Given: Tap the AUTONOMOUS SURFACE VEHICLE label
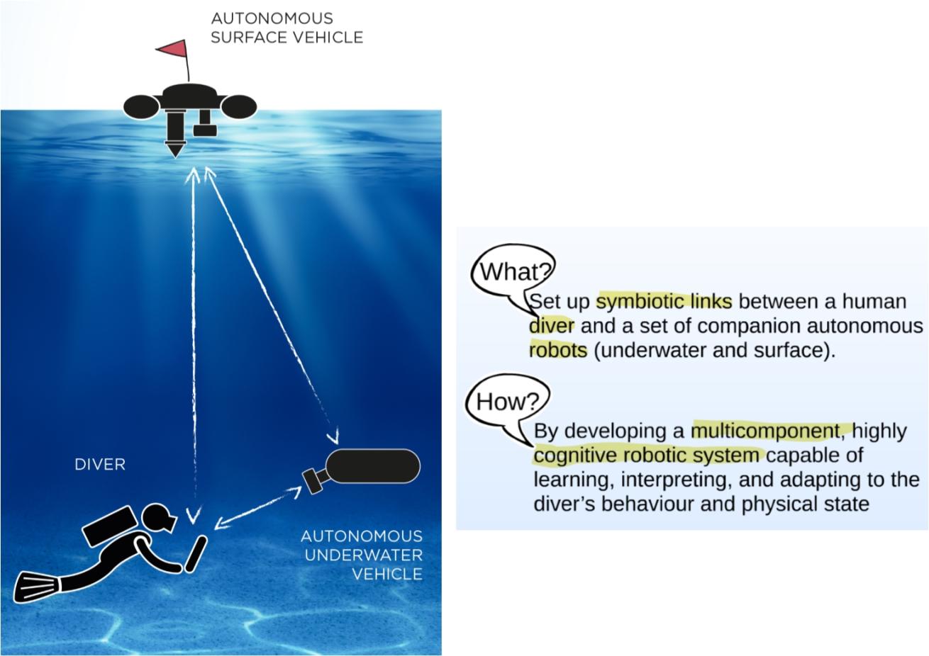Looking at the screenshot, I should coord(287,28).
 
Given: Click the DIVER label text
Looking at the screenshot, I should coord(100,465).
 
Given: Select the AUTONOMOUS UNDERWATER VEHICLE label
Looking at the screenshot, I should coord(362,555).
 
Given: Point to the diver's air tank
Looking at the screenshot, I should coord(107,526).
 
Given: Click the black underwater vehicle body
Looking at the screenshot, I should coord(373,466).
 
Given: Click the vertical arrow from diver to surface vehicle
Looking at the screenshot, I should coord(192,340).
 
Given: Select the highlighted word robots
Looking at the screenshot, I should coord(558,350).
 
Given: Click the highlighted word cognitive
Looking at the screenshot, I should coord(575,455).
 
